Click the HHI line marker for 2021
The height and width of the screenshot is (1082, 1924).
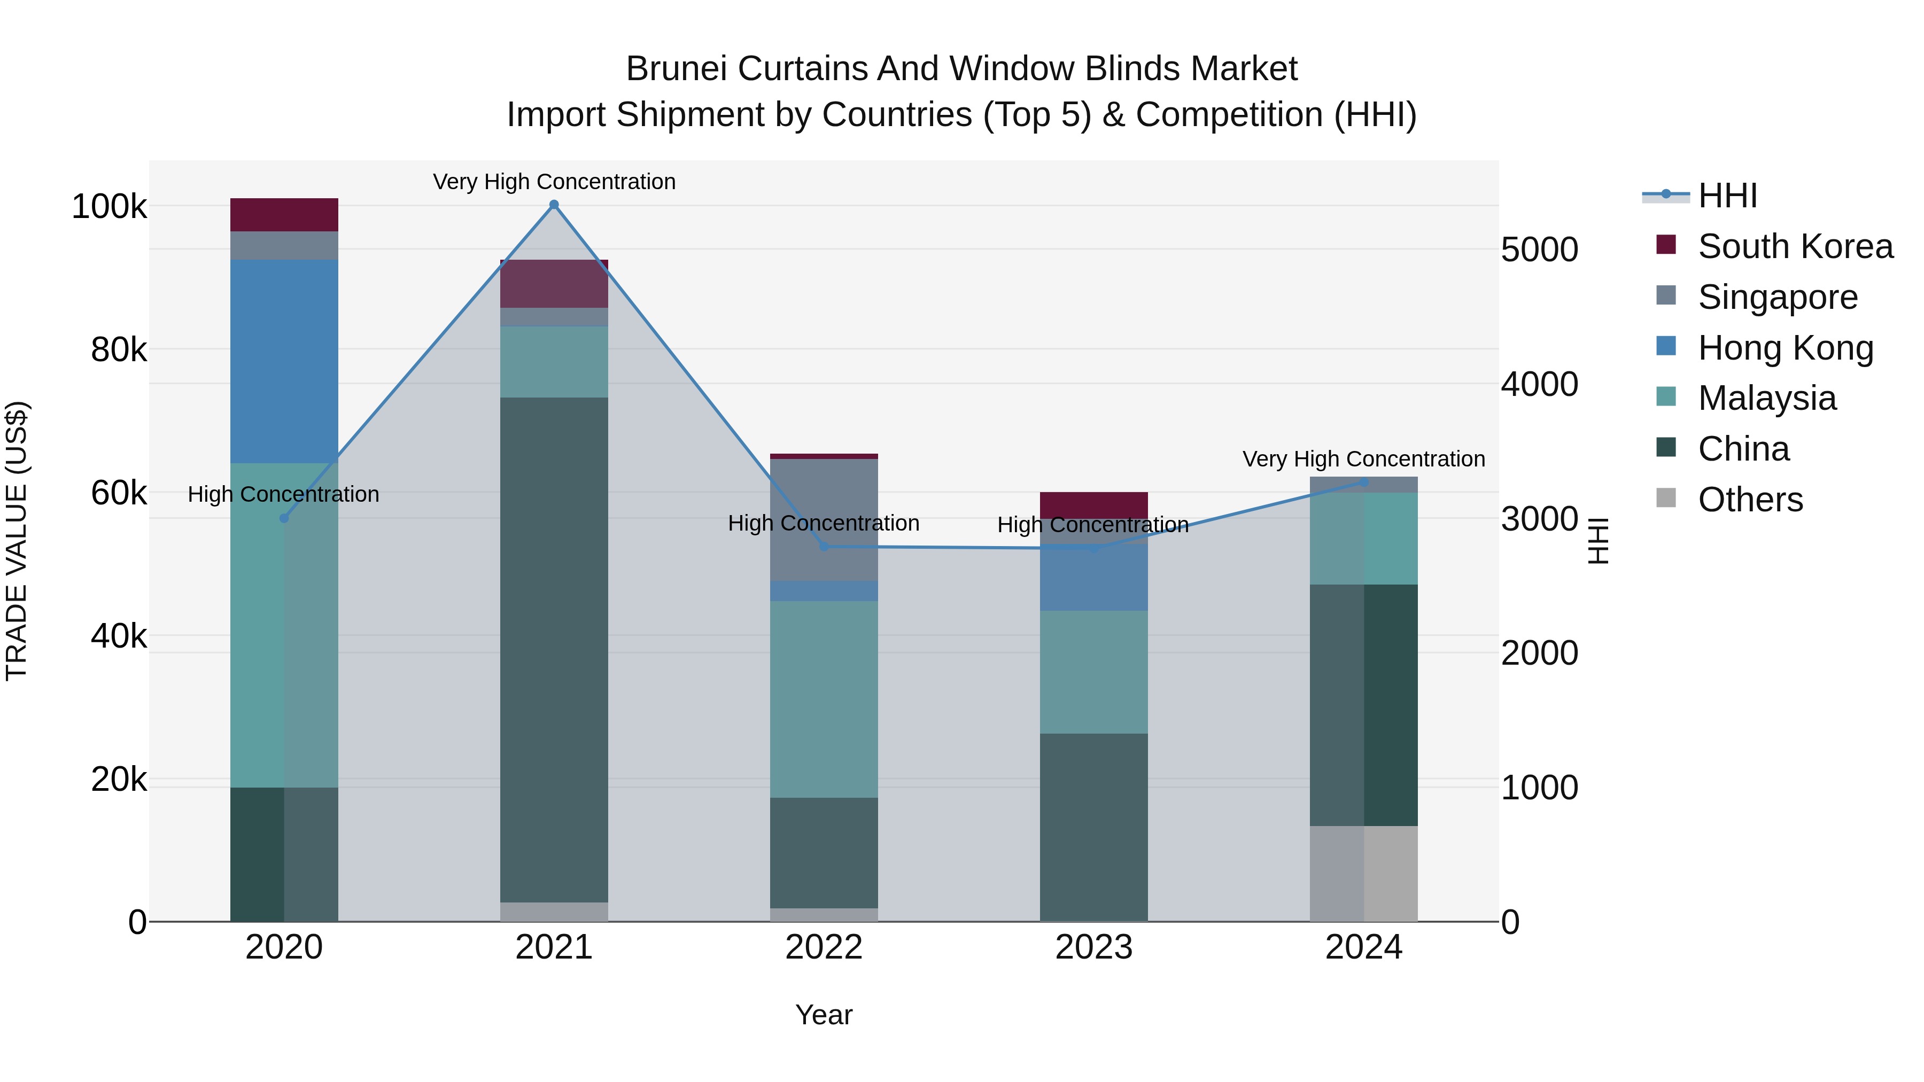[x=554, y=205]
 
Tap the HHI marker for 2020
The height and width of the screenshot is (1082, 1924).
[x=284, y=518]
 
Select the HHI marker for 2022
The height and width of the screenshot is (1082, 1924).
[x=824, y=547]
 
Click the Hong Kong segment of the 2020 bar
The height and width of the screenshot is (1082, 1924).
[x=284, y=361]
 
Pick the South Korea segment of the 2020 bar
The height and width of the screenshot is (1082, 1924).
[x=284, y=215]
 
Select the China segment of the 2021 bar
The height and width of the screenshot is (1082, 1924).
[x=554, y=650]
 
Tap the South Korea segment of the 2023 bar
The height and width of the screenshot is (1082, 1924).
[x=1093, y=503]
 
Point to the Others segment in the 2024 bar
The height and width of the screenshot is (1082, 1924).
[x=1364, y=874]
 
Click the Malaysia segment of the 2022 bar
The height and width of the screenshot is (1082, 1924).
[x=824, y=699]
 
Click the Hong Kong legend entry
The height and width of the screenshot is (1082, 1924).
[x=1785, y=348]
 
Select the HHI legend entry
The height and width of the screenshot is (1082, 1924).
[x=1727, y=196]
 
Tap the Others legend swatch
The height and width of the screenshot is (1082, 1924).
[x=1665, y=498]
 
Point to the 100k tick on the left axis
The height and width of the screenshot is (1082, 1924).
[x=109, y=207]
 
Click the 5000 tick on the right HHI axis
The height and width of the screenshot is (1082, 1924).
[x=1539, y=250]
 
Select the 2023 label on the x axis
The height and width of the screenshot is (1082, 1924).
[x=1093, y=947]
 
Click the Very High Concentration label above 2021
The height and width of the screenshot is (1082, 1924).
[x=554, y=182]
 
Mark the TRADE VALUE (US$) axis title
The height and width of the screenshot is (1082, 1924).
[x=17, y=541]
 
